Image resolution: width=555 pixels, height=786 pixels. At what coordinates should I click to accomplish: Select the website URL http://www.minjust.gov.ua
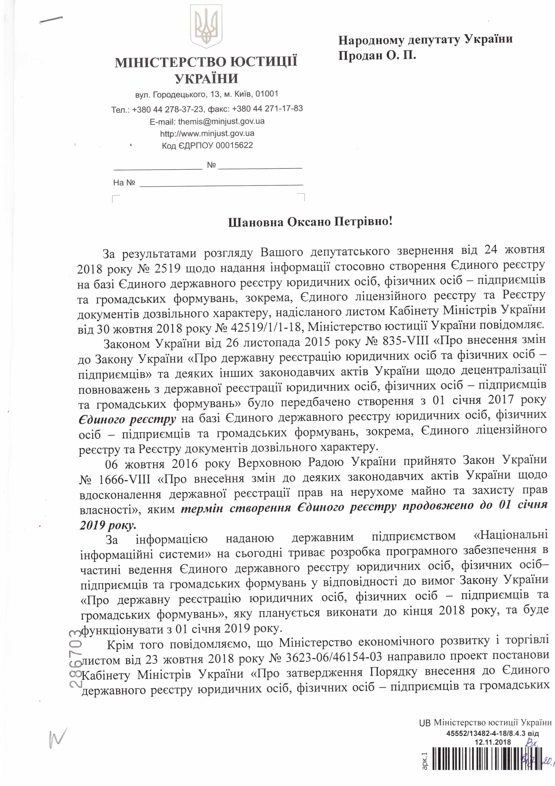(207, 133)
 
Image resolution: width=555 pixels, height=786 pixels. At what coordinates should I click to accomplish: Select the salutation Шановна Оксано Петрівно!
(310, 222)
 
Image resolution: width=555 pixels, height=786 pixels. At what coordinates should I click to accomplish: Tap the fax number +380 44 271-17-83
(267, 109)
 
